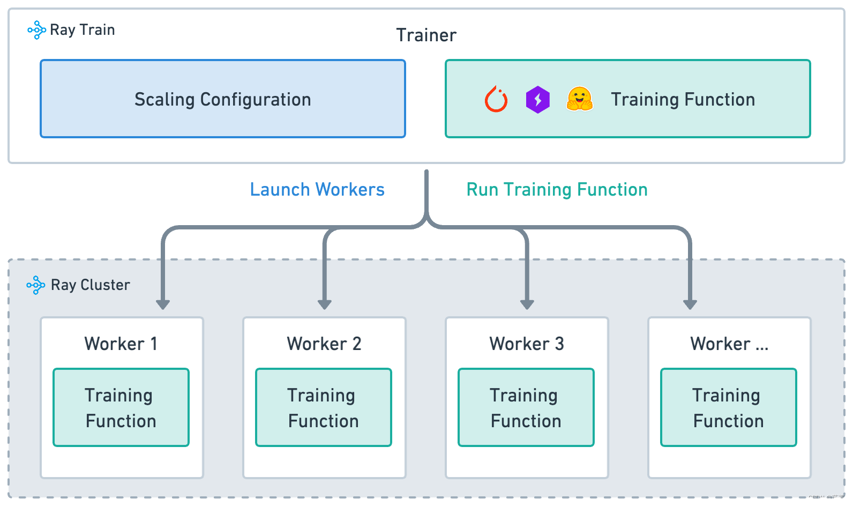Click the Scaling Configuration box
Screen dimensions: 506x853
(222, 99)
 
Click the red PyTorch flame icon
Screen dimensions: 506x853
(496, 99)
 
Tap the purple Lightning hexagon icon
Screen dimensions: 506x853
(537, 100)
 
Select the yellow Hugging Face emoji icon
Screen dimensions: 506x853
(579, 99)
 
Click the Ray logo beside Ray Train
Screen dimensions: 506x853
(36, 30)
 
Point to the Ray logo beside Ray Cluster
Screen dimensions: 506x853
(36, 285)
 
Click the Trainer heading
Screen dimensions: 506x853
(426, 35)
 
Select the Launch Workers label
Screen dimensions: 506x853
(317, 190)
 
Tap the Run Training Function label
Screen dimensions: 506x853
(557, 190)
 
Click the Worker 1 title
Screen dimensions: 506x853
(121, 344)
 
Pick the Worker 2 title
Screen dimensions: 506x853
(324, 344)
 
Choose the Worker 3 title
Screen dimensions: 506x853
(526, 344)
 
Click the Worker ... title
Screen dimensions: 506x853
(729, 344)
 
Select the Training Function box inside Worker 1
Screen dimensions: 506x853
(121, 407)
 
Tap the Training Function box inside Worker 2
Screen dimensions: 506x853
(324, 407)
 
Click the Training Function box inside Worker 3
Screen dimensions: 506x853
(526, 407)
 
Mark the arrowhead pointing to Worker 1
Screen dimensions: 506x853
(163, 304)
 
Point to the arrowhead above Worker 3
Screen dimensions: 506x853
(527, 304)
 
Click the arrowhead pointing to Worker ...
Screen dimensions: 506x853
(690, 304)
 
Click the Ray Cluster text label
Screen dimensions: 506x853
(90, 285)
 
